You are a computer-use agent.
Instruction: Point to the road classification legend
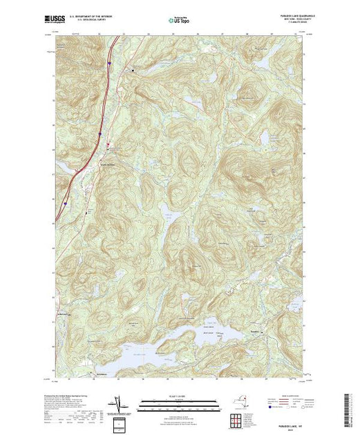tap(297, 404)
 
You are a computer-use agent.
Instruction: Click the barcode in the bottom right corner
tap(348, 407)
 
